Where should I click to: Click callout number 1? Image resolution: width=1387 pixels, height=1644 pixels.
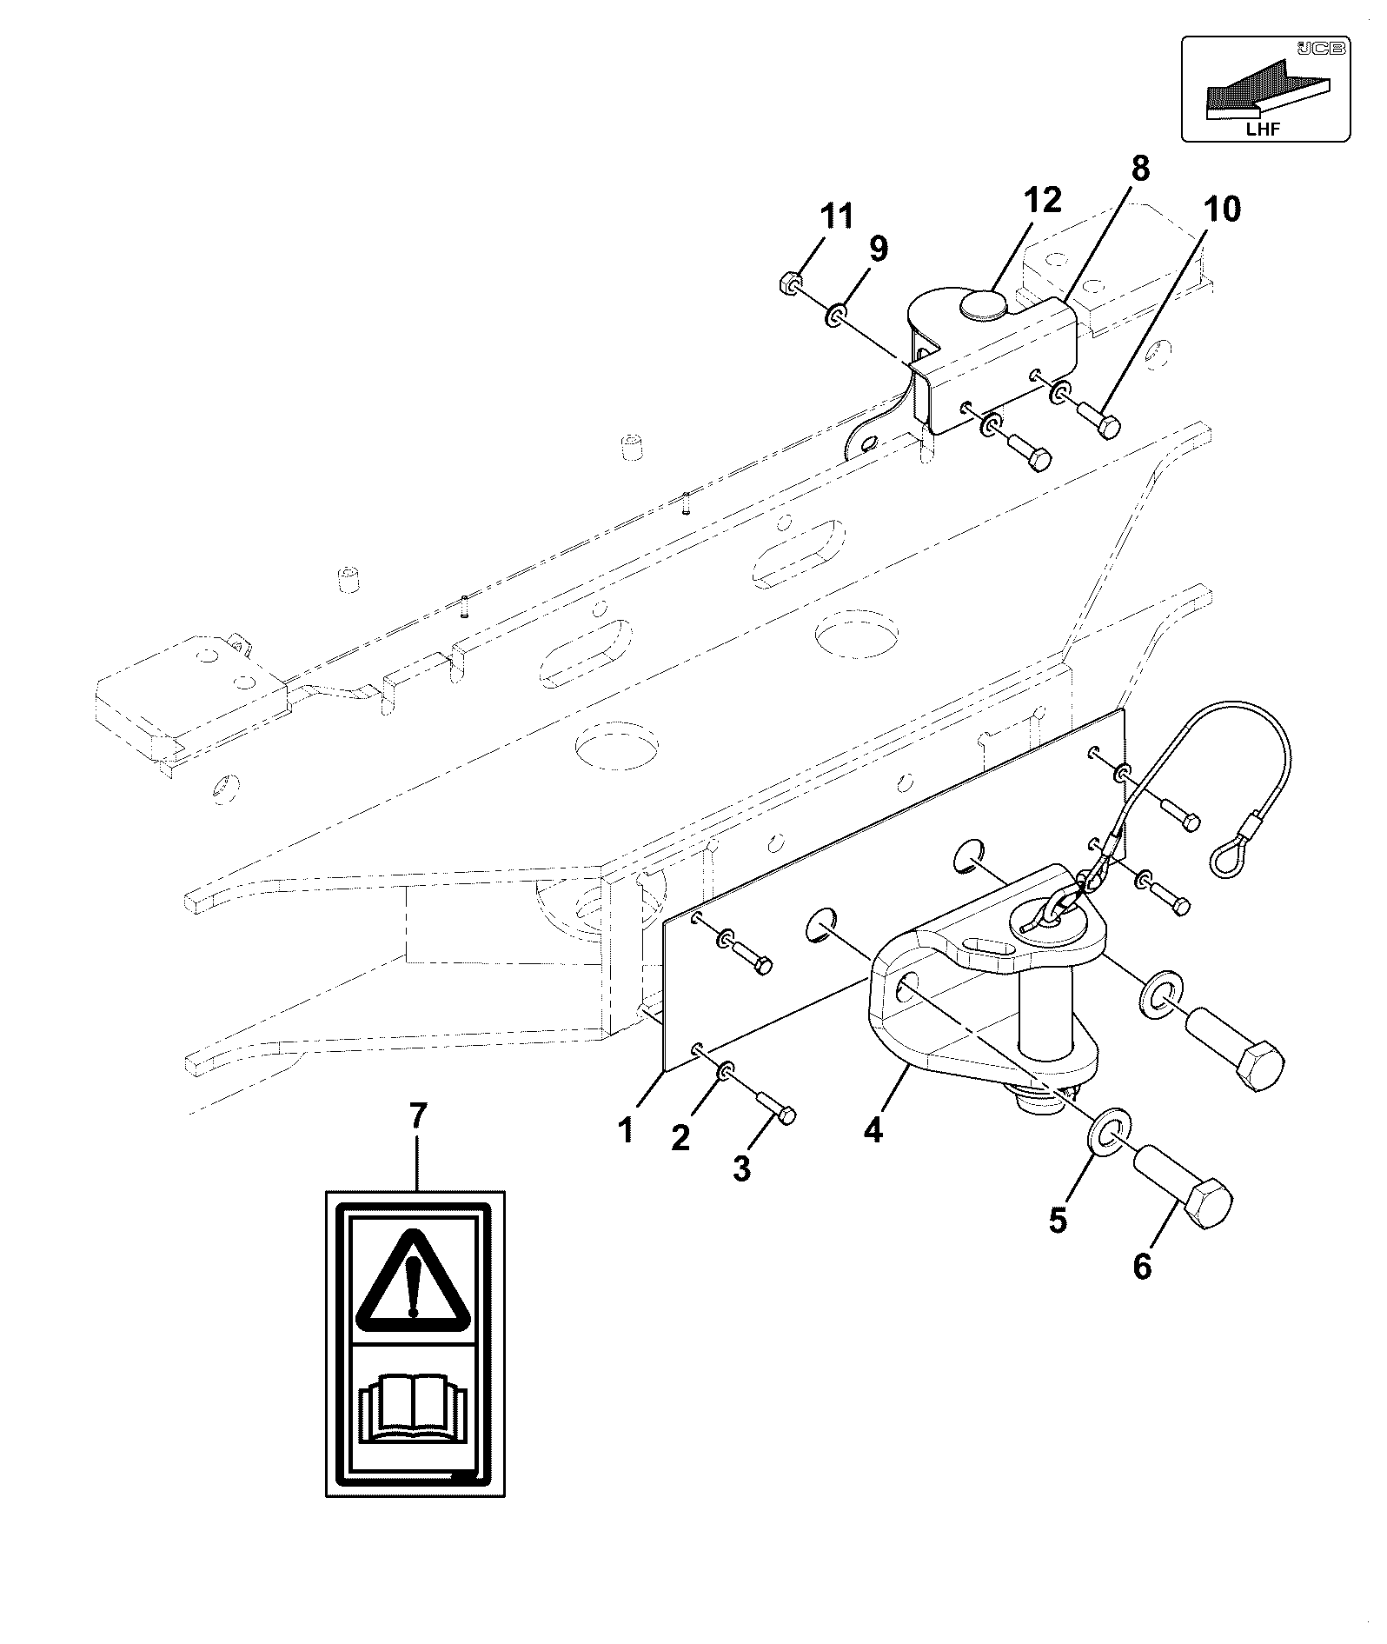click(x=626, y=1130)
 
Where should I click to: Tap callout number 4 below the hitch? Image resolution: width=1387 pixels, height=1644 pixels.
click(x=873, y=1130)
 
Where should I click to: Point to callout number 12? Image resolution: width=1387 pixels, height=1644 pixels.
click(x=1042, y=200)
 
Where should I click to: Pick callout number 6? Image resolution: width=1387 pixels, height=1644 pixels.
click(x=1142, y=1267)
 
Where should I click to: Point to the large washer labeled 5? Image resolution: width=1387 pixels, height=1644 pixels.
click(x=1105, y=1133)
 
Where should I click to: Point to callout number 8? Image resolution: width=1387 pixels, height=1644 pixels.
click(x=1139, y=167)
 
